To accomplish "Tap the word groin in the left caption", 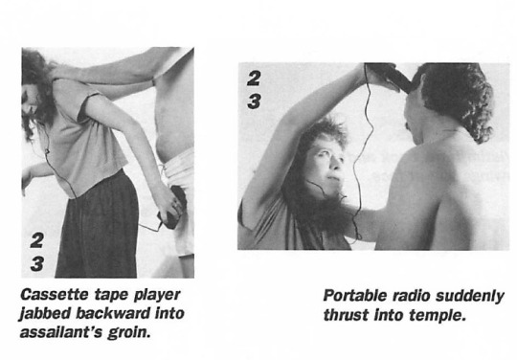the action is click(x=128, y=332).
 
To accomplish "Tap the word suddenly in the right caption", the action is click(x=470, y=296).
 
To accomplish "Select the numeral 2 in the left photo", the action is click(x=36, y=240).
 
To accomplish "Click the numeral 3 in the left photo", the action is click(x=37, y=263).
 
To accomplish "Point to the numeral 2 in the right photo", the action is click(x=254, y=79).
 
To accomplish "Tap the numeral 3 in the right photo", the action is click(x=254, y=101).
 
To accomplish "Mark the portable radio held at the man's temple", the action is click(x=388, y=75).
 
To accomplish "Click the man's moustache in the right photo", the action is click(x=408, y=126).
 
